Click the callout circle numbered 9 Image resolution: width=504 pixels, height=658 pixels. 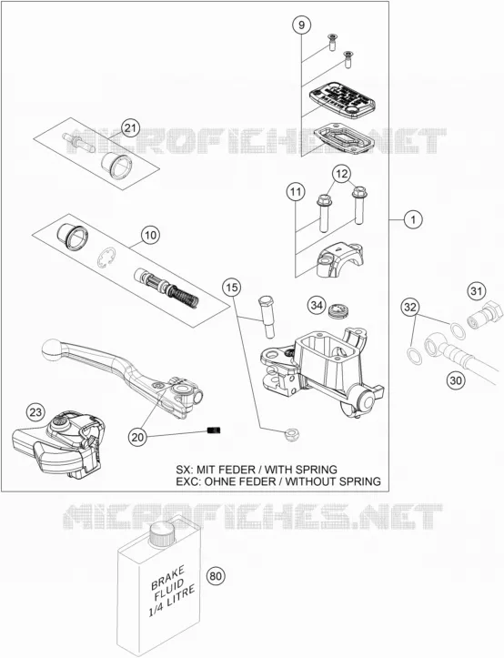[301, 25]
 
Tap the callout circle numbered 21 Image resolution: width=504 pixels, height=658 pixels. [130, 127]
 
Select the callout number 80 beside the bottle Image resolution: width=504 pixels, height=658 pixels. [216, 576]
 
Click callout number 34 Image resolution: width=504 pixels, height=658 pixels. [317, 305]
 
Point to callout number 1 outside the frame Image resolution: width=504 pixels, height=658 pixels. [413, 219]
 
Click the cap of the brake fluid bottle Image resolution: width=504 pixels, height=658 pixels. [163, 533]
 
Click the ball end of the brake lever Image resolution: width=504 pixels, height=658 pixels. [52, 349]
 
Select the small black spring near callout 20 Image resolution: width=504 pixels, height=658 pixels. [214, 430]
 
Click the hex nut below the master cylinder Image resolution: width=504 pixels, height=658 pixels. [290, 435]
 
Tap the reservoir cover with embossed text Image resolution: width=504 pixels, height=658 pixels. [341, 97]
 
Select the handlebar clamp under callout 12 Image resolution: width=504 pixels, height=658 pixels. [340, 260]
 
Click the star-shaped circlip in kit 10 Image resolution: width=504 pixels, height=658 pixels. [108, 258]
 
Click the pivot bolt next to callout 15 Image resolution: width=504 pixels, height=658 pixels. [267, 316]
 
